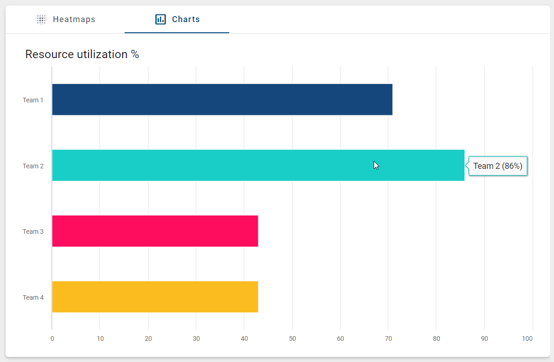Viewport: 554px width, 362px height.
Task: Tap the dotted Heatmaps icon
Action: point(42,19)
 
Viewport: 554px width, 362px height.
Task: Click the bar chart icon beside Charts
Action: point(161,19)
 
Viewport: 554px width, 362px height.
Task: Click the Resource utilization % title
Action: point(82,54)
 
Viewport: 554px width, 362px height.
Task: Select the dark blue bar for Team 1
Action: point(222,100)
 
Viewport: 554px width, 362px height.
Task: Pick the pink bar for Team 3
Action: point(155,231)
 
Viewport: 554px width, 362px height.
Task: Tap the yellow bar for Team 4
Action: point(155,297)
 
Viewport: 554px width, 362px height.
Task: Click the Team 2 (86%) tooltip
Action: point(498,166)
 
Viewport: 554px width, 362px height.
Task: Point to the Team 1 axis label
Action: point(33,100)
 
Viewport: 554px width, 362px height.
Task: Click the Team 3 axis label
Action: point(33,231)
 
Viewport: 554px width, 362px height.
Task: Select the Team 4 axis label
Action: point(33,297)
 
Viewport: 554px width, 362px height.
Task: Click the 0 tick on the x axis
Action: point(52,339)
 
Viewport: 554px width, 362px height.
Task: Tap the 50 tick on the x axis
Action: point(292,339)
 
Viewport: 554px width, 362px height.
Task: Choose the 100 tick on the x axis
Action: point(527,339)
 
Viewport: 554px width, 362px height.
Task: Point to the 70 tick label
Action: point(388,339)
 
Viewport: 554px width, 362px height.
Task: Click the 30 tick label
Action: point(196,339)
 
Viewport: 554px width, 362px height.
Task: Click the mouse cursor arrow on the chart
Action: point(376,165)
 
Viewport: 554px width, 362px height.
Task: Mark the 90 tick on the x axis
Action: point(484,339)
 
